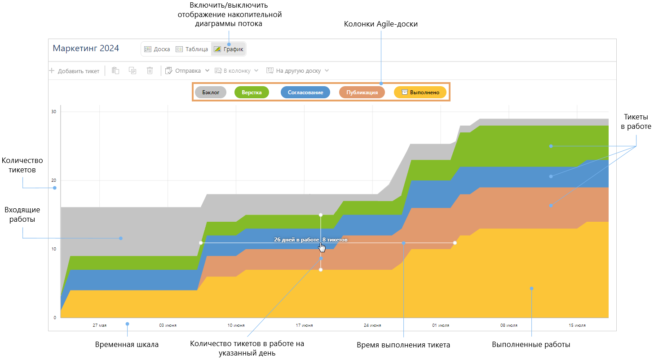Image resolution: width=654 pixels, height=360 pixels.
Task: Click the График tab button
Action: point(229,49)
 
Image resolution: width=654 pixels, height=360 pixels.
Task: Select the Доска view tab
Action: point(157,49)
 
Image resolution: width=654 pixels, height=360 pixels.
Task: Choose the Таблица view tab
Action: point(192,49)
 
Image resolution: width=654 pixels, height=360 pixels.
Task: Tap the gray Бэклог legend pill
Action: point(211,92)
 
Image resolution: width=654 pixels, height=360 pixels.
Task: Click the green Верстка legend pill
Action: point(252,92)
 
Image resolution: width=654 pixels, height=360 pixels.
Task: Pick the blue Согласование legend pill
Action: point(305,92)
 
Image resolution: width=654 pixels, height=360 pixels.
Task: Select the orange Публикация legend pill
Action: point(362,92)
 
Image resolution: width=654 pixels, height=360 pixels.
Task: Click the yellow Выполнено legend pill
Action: point(420,92)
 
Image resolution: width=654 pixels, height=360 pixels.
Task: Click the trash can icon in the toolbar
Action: point(150,70)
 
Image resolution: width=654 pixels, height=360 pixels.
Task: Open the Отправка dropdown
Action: point(187,70)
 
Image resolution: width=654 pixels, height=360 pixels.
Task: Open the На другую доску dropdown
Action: point(298,70)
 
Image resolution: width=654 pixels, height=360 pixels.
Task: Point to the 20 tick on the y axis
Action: point(54,180)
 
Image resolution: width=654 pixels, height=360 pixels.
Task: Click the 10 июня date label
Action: point(236,325)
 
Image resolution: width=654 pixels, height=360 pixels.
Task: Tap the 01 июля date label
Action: point(441,325)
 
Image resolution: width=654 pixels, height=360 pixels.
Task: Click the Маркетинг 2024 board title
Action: point(86,48)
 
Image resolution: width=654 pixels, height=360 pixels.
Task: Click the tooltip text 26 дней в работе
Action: point(296,240)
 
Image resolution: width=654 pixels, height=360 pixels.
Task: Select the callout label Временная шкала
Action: point(127,345)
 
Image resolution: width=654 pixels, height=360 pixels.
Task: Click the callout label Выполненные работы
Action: point(531,345)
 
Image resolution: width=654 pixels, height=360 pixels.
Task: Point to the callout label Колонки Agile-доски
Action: point(381,24)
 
